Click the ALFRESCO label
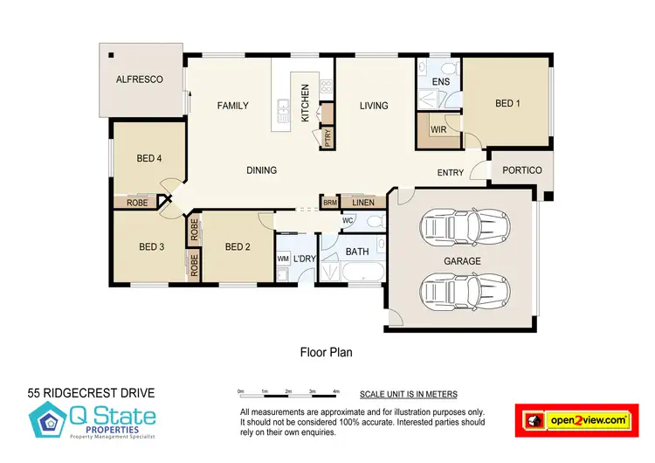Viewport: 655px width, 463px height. pos(141,79)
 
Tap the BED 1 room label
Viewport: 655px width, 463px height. pos(507,103)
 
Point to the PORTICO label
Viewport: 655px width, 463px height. pos(523,170)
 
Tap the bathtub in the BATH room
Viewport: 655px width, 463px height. pos(361,276)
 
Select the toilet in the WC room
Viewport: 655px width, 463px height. pos(375,222)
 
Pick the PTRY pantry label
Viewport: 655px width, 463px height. pos(328,139)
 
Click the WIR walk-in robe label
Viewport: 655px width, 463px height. pos(439,128)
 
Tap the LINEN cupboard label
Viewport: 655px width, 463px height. pos(363,203)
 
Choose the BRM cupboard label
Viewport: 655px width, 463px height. pos(330,203)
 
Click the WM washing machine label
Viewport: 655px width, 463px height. pos(283,259)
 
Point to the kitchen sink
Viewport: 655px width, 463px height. pos(283,108)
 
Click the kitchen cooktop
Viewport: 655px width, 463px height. pos(327,86)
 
